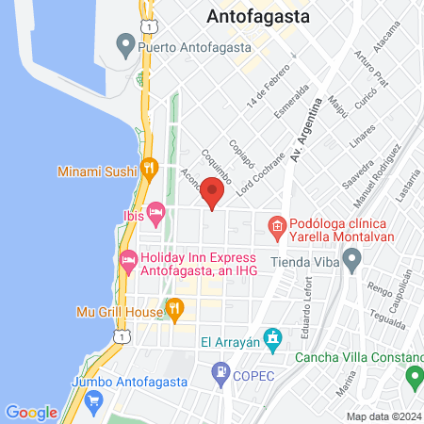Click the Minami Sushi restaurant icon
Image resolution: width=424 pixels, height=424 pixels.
point(148,169)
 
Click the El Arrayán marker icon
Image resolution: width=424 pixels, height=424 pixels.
point(272,336)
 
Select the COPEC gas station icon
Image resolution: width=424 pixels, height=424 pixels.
point(220,372)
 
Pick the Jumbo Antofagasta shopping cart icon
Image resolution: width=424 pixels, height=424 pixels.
point(92,400)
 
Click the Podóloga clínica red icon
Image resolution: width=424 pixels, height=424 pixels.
point(277,226)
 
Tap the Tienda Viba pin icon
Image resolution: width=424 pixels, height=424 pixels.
point(351,261)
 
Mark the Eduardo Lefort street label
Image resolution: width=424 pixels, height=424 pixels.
point(307,299)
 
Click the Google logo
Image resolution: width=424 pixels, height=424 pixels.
point(31,412)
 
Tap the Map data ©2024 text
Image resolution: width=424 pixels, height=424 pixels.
point(383,416)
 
